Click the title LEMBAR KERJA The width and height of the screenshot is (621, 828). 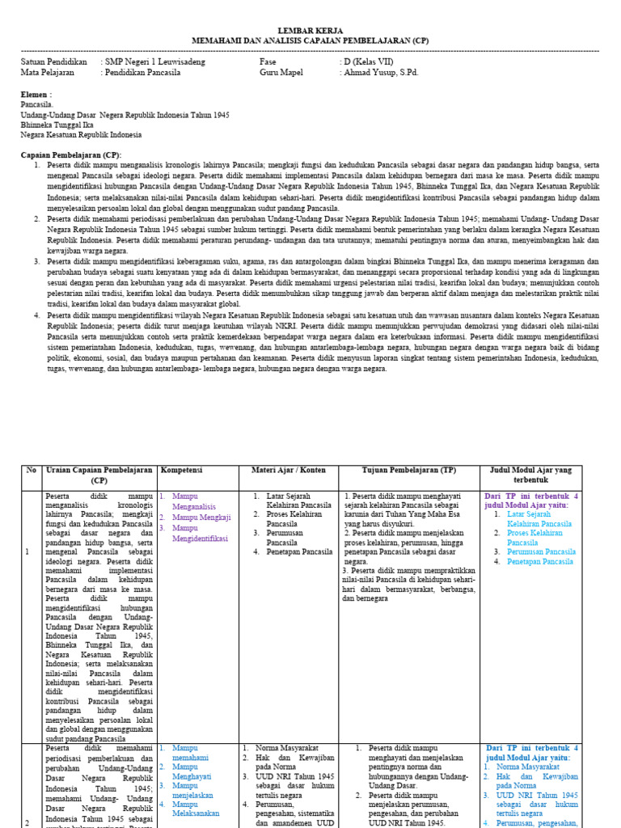pos(310,30)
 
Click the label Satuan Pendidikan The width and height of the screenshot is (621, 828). pos(53,61)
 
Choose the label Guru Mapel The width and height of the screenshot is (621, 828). pos(281,72)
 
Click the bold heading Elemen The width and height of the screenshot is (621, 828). pos(35,95)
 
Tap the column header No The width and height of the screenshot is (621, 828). pos(31,470)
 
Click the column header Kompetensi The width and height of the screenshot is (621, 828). pos(182,470)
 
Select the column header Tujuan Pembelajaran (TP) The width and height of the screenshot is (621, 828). pos(408,470)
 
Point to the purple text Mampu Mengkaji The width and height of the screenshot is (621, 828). pos(201,517)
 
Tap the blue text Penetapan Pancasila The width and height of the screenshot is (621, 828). pos(540,561)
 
